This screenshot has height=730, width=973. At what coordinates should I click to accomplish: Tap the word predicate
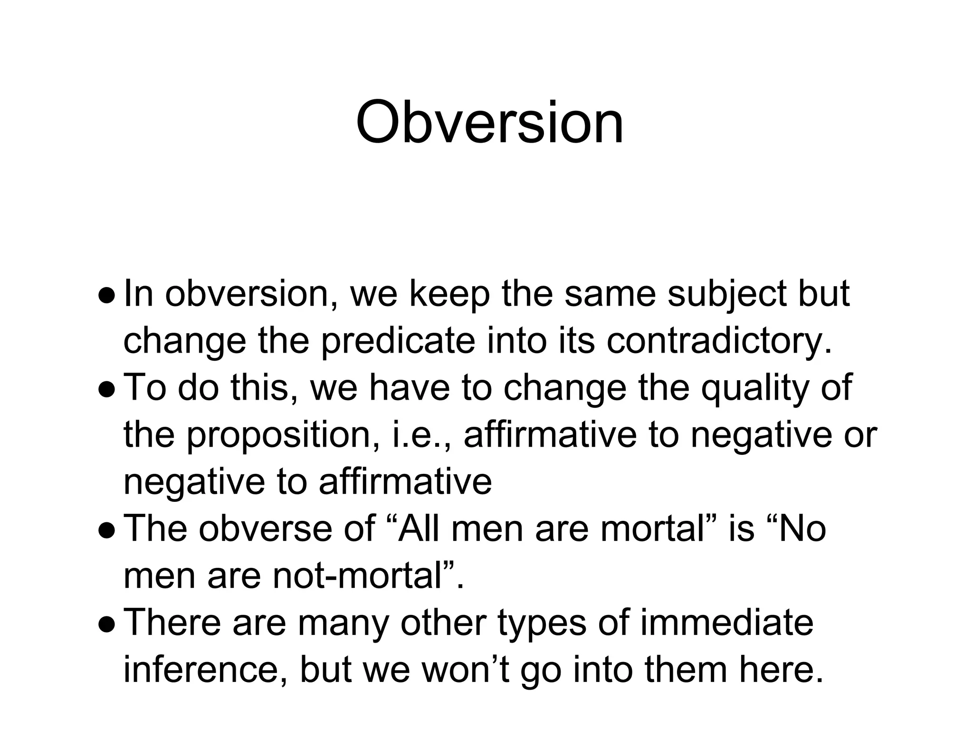398,341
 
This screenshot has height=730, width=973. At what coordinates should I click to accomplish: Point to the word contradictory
719,341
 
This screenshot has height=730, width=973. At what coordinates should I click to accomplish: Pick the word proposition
283,435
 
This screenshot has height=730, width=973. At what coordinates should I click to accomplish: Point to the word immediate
727,622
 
